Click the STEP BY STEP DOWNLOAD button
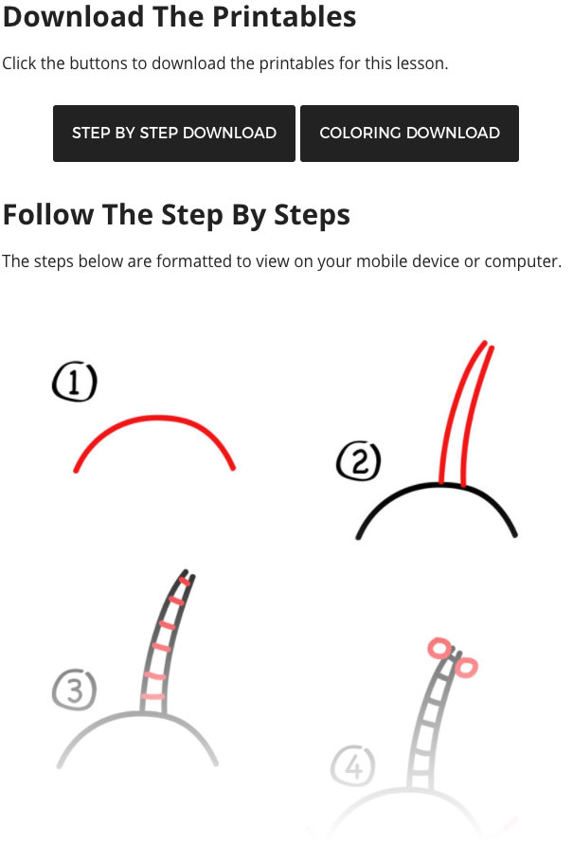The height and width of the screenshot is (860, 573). (174, 134)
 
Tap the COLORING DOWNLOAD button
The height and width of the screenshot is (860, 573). (409, 134)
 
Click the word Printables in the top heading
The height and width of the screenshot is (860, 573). (284, 16)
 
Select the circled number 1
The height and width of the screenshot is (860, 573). (75, 381)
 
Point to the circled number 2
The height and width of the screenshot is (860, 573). (359, 461)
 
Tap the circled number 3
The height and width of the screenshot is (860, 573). (75, 690)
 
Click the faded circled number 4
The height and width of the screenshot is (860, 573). (353, 766)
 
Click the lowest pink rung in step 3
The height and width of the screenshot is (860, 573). (153, 696)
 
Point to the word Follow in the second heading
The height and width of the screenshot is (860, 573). (48, 214)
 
